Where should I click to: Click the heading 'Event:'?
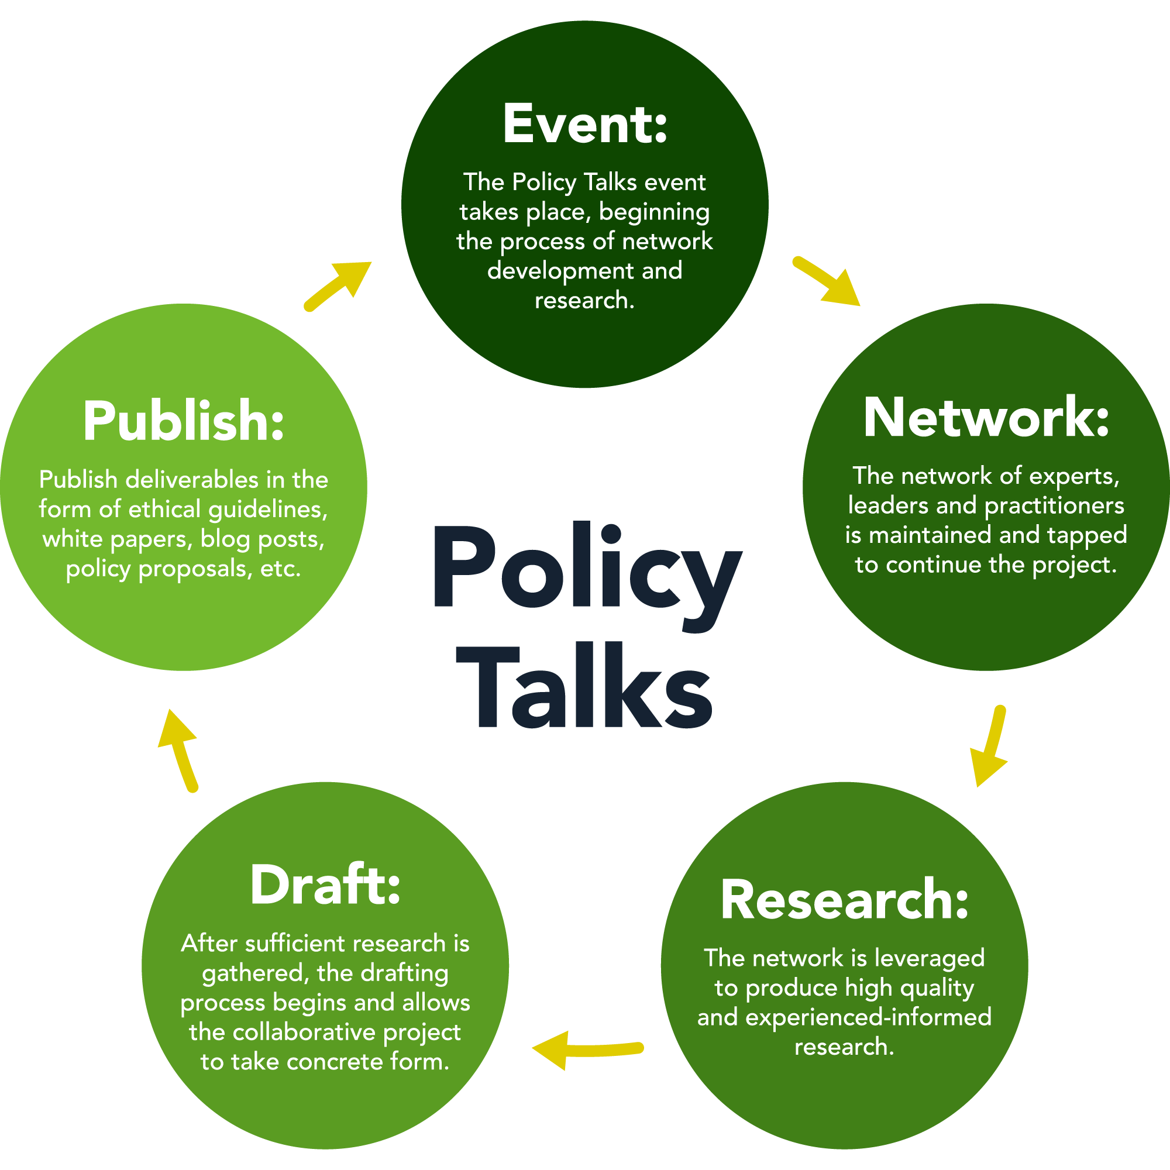pyautogui.click(x=585, y=124)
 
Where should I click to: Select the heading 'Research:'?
pyautogui.click(x=844, y=900)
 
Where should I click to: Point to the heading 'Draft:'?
pyautogui.click(x=325, y=885)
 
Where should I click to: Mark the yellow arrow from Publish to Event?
pyautogui.click(x=339, y=285)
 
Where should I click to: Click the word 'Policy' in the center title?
pyautogui.click(x=586, y=566)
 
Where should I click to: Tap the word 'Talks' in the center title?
pyautogui.click(x=585, y=687)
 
